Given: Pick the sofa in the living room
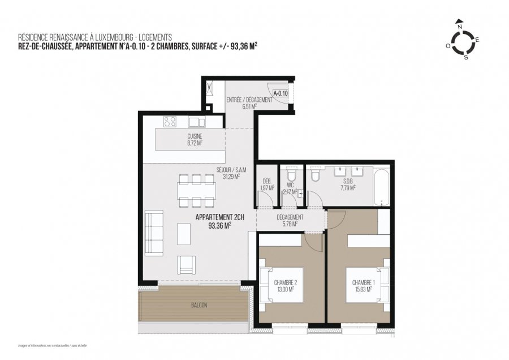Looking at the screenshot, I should [x=153, y=233].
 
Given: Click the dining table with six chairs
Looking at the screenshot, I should [x=196, y=191].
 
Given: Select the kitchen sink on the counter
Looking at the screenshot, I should [x=196, y=122].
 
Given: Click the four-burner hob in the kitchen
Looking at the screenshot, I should [x=170, y=121].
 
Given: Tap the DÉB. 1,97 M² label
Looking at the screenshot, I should [x=266, y=185].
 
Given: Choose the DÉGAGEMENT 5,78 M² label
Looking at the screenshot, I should [x=290, y=220].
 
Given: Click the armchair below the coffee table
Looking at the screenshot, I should [x=187, y=264].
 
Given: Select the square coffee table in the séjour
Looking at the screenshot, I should [x=184, y=234].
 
